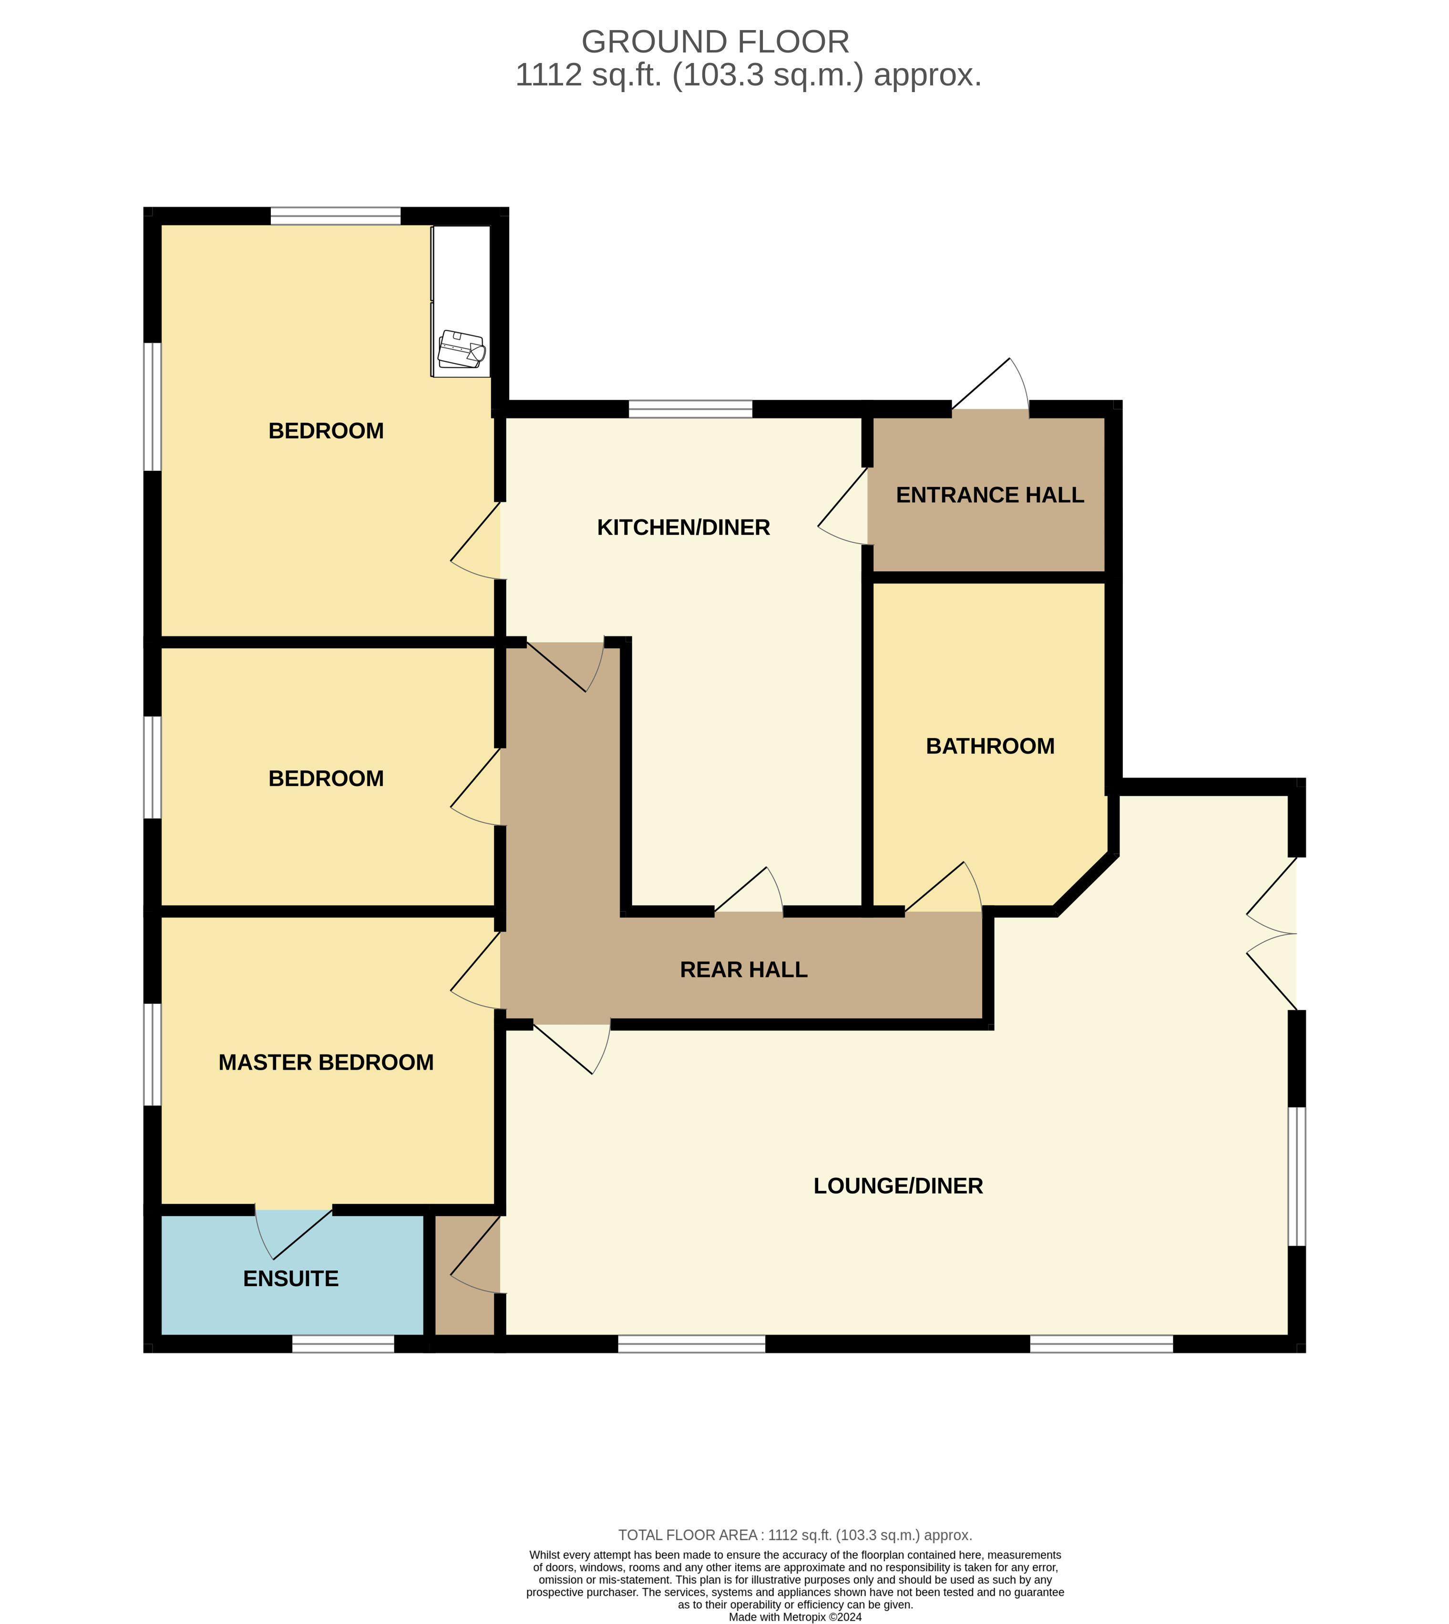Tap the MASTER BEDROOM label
(327, 1062)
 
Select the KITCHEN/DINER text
(683, 527)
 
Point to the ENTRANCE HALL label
(990, 495)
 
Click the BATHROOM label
(990, 746)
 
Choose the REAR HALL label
(744, 970)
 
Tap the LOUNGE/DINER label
(898, 1186)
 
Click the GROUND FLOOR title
(715, 42)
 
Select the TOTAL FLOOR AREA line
(795, 1535)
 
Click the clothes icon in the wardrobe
(461, 349)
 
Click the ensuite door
(293, 1235)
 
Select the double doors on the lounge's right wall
(1272, 934)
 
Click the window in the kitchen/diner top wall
(690, 409)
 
